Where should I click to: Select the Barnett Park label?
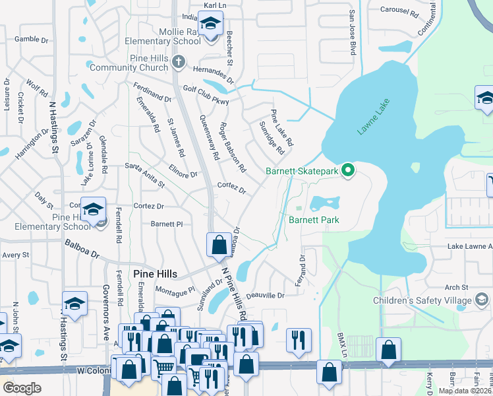tap(314, 219)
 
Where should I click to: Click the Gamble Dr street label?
tap(32, 40)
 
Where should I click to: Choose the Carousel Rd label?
tap(399, 11)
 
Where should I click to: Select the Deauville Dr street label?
tap(264, 296)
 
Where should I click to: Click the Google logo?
tap(22, 387)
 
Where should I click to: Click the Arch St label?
tap(456, 287)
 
